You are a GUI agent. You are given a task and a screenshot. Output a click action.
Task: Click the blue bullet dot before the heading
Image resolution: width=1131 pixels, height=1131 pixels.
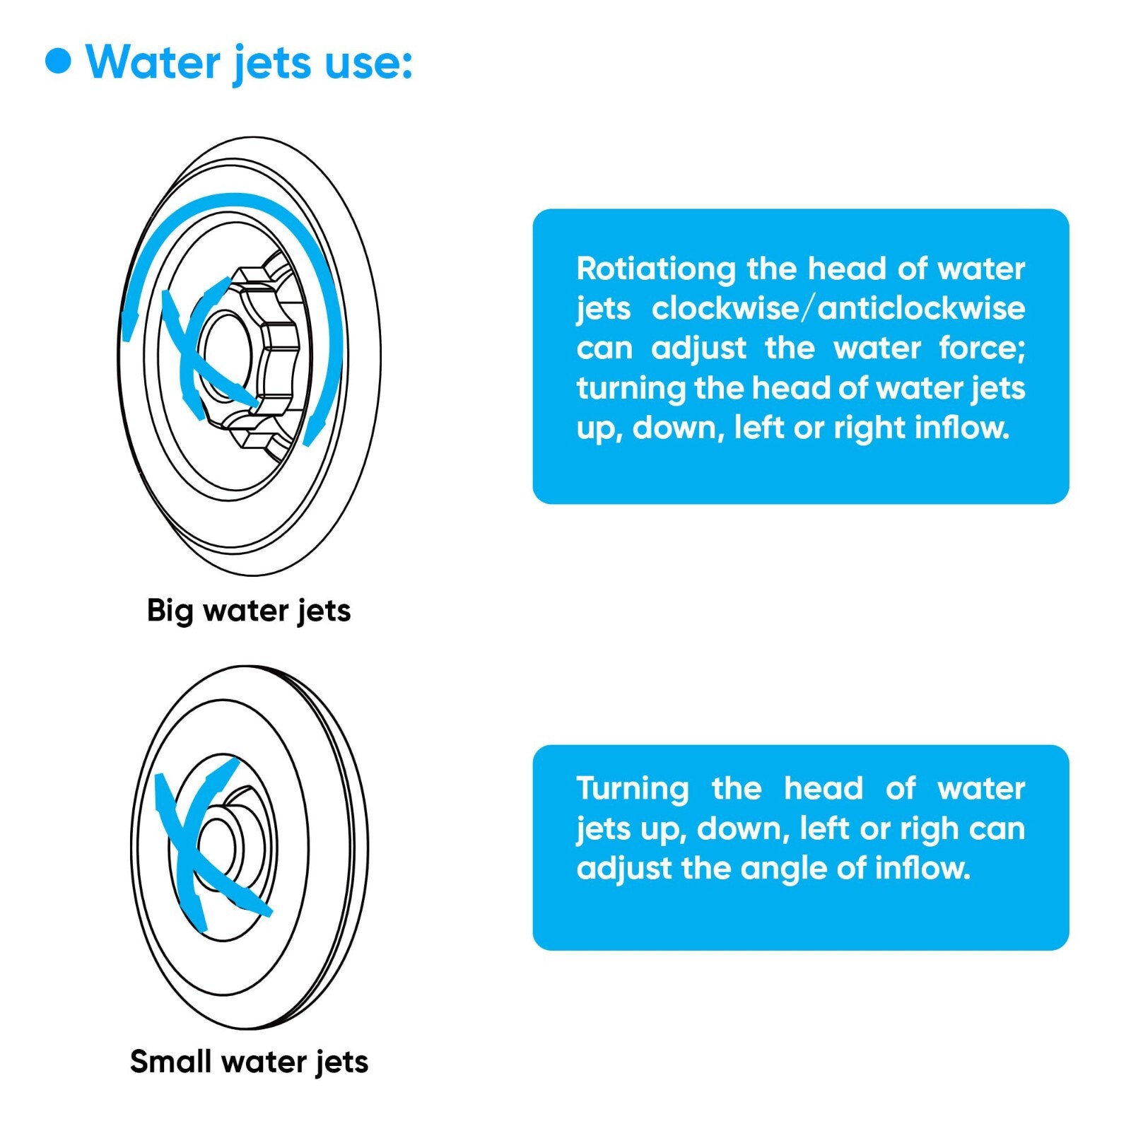tap(58, 61)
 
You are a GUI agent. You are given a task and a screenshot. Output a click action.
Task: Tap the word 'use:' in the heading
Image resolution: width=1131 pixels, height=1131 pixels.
tap(368, 64)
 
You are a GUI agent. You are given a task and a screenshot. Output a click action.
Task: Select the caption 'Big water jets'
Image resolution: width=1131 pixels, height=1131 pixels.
tap(249, 611)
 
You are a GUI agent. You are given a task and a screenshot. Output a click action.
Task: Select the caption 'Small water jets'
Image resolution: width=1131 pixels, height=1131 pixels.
tap(249, 1062)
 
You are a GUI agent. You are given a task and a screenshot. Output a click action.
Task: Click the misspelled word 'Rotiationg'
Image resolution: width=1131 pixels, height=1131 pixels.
tap(657, 269)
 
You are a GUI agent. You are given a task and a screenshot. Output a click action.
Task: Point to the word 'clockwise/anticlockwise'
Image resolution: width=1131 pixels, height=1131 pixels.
tap(838, 308)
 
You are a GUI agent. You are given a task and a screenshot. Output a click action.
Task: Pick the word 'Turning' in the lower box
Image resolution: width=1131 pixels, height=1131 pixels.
tap(633, 789)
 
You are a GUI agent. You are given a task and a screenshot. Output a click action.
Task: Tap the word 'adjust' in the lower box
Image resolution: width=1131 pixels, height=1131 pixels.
tap(624, 869)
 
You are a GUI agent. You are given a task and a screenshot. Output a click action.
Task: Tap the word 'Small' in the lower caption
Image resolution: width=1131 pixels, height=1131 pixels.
tap(170, 1062)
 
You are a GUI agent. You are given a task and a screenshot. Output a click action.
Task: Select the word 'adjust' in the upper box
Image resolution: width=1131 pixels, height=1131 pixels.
tap(699, 348)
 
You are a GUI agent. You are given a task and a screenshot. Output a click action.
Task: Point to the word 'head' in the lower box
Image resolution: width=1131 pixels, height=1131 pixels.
tap(824, 789)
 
